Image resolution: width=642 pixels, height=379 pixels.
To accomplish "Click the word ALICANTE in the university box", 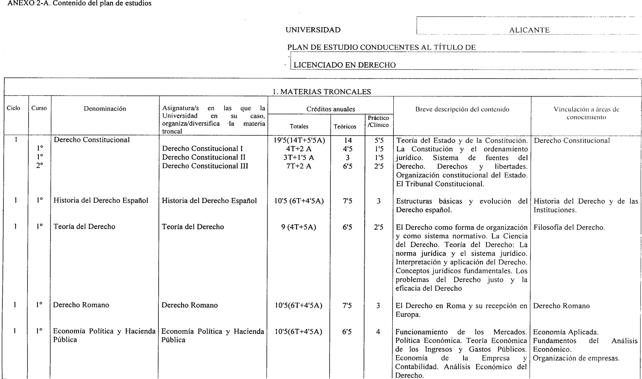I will [x=529, y=30].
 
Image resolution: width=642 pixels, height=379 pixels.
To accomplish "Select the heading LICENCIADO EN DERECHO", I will [x=344, y=65].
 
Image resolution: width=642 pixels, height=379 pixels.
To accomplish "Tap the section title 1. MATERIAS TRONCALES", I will [x=322, y=92].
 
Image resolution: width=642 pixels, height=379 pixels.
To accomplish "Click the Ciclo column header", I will [x=14, y=108].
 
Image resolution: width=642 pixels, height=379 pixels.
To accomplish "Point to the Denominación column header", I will [x=105, y=109].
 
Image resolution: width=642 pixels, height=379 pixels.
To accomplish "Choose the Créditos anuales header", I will [x=330, y=109].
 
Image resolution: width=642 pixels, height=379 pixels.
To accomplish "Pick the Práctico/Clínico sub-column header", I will [x=378, y=121].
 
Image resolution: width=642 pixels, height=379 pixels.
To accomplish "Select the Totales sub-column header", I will [x=299, y=126].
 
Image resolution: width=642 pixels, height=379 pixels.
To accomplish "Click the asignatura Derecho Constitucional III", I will [x=205, y=166].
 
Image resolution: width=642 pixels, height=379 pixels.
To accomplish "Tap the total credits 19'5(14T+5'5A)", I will [x=299, y=140].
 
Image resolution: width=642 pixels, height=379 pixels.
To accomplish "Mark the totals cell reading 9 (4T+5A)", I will [x=298, y=227].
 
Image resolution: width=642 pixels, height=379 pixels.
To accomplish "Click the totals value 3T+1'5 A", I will [x=299, y=157].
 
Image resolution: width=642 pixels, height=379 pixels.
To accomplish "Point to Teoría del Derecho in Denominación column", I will [x=84, y=227].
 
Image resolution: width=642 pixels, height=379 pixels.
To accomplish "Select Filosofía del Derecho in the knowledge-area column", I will [x=569, y=227].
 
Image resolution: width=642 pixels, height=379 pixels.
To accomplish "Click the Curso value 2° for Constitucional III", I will [x=39, y=166].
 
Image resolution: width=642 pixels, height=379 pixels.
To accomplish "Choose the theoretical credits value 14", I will [x=348, y=140].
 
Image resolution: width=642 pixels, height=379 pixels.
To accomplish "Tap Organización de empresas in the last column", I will [x=576, y=358].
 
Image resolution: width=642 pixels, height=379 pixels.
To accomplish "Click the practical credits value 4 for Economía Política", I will [x=378, y=332].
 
